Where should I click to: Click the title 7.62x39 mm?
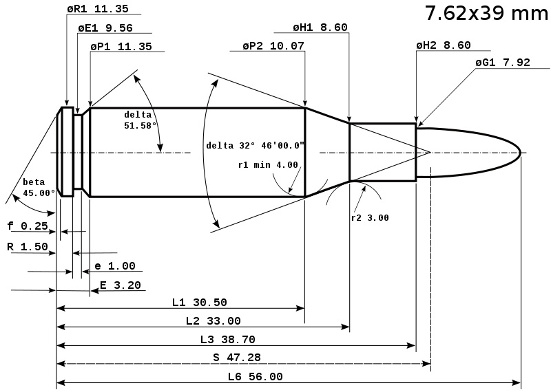click(x=487, y=13)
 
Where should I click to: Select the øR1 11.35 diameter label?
click(x=98, y=9)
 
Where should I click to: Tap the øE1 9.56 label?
click(x=105, y=28)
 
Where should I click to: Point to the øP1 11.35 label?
click(x=121, y=46)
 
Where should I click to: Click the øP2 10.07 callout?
click(x=273, y=45)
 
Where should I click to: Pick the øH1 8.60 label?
click(x=320, y=27)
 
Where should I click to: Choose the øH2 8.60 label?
click(x=444, y=45)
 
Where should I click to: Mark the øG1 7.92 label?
click(x=503, y=62)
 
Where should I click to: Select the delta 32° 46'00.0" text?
click(x=256, y=145)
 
